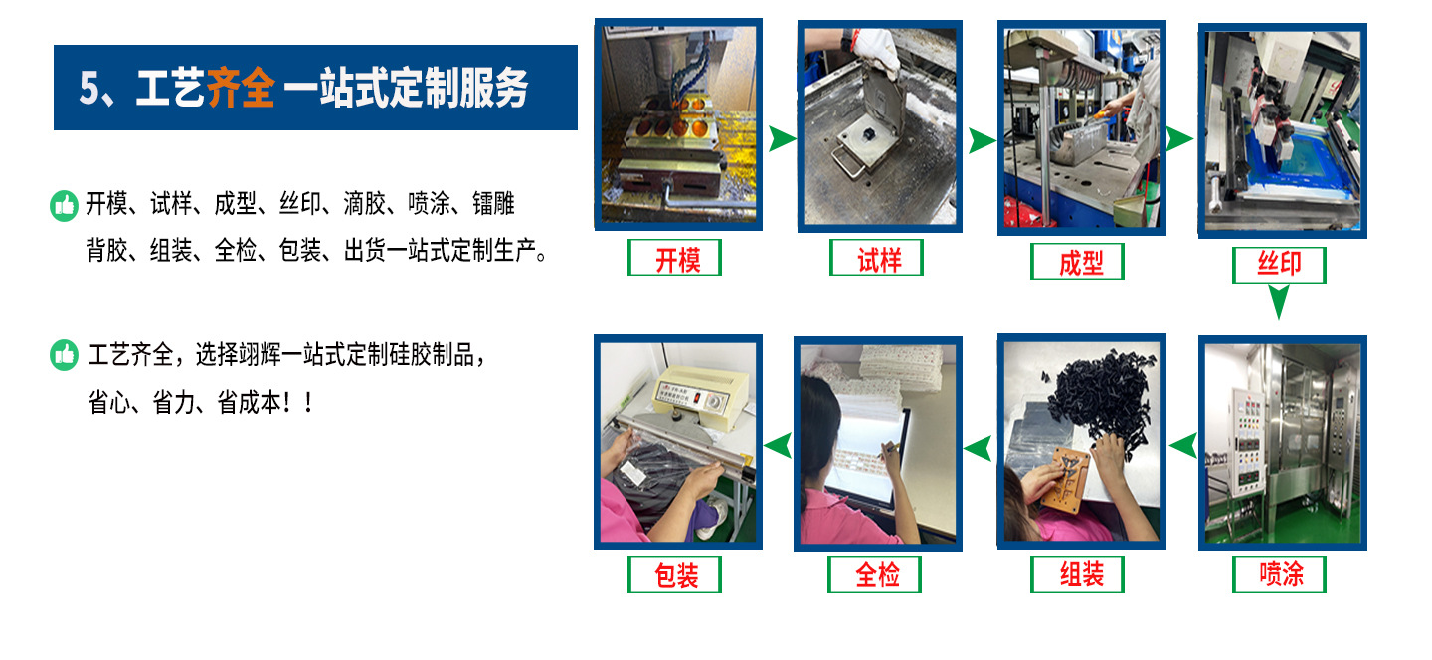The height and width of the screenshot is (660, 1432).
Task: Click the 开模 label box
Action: [675, 259]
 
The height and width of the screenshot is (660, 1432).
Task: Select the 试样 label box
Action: [876, 259]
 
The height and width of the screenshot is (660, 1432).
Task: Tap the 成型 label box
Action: [1078, 262]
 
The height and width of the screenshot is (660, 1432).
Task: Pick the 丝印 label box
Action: [1279, 265]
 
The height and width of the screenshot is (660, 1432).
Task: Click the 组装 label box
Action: [1078, 574]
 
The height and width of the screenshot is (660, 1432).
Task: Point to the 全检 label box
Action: [875, 574]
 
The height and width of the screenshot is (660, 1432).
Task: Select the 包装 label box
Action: [675, 574]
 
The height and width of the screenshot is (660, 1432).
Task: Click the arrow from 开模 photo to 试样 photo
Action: [781, 139]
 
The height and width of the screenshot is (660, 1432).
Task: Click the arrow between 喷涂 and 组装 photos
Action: [1180, 446]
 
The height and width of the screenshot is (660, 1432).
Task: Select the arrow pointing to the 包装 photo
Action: [778, 446]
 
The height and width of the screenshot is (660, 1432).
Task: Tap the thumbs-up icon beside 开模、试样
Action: [64, 206]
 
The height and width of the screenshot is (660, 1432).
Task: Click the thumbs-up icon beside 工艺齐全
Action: [64, 355]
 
